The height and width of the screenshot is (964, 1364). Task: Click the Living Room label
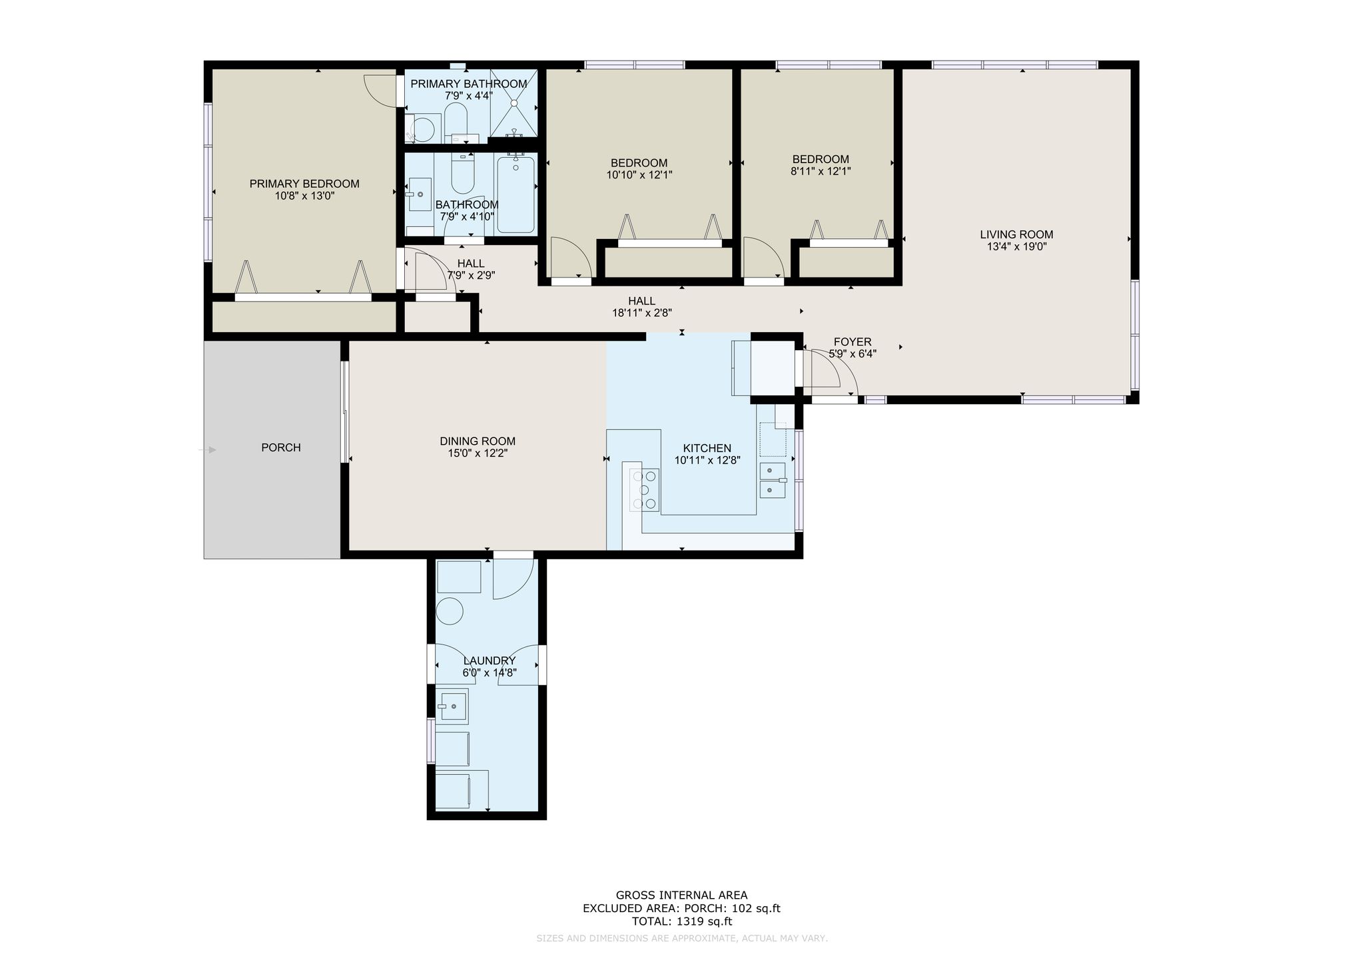(x=1016, y=234)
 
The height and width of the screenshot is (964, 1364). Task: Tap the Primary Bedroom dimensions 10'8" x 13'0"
(x=304, y=196)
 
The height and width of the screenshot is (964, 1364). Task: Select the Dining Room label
(x=478, y=441)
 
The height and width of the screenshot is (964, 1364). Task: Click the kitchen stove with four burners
(x=645, y=489)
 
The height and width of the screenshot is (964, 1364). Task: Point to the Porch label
(x=281, y=447)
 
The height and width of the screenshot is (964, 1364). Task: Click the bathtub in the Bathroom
(x=515, y=194)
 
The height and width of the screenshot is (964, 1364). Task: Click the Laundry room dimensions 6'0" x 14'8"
(x=490, y=672)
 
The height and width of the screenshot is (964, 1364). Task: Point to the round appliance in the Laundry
(x=450, y=610)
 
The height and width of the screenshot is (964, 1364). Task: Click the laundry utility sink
(x=452, y=705)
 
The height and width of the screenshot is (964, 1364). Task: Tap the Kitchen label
(x=707, y=448)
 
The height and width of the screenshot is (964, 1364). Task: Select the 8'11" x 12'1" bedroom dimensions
(x=821, y=171)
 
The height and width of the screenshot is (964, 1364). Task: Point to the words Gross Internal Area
(x=681, y=895)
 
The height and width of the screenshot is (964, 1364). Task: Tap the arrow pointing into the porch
(x=207, y=450)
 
